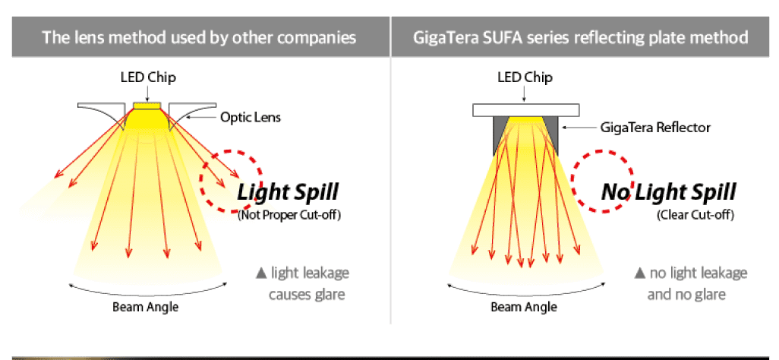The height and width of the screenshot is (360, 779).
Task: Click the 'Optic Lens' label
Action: pyautogui.click(x=251, y=118)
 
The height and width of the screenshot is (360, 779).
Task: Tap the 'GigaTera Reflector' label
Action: pyautogui.click(x=655, y=128)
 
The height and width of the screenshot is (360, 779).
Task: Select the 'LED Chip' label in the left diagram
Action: pyautogui.click(x=148, y=77)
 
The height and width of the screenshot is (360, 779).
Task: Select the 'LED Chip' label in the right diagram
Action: pyautogui.click(x=525, y=77)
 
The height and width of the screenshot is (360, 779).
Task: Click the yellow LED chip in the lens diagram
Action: pyautogui.click(x=147, y=106)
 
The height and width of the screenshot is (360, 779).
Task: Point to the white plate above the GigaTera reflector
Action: pyautogui.click(x=525, y=110)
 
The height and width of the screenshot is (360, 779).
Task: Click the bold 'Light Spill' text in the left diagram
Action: pyautogui.click(x=288, y=192)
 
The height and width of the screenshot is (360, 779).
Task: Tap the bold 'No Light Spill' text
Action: pyautogui.click(x=669, y=192)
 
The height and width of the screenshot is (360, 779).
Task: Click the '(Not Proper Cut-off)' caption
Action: pyautogui.click(x=289, y=216)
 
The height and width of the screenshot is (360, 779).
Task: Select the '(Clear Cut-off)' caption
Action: pyautogui.click(x=695, y=216)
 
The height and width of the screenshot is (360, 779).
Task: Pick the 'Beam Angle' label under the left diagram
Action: pyautogui.click(x=145, y=307)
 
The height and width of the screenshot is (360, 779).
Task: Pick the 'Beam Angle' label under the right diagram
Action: pyautogui.click(x=524, y=307)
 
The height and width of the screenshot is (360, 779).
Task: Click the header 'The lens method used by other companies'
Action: pyautogui.click(x=199, y=37)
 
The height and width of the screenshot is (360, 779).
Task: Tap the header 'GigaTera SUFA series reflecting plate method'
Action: pyautogui.click(x=580, y=37)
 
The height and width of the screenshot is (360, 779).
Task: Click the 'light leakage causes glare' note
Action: pyautogui.click(x=303, y=283)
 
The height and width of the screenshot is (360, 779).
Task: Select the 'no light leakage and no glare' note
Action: pyautogui.click(x=691, y=283)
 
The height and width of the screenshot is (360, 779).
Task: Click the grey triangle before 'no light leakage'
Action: pyautogui.click(x=640, y=273)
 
